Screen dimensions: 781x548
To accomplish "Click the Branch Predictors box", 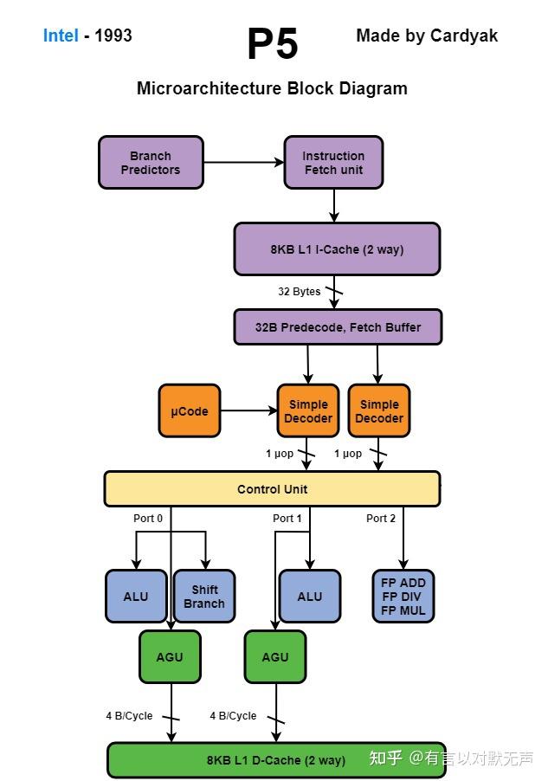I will click(151, 163).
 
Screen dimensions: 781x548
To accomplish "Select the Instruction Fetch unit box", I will click(333, 163).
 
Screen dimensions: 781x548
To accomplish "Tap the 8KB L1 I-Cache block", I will click(337, 249).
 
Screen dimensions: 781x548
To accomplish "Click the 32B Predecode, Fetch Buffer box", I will click(338, 327).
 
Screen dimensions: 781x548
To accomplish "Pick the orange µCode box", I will click(190, 411).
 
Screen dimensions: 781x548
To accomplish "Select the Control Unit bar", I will click(272, 489).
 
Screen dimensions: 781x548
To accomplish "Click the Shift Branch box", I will click(204, 597).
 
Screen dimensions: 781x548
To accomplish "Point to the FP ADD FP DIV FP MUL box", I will click(403, 597).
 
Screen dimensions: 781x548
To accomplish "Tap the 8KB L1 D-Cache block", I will click(275, 760).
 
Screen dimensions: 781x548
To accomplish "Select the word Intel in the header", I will click(61, 35).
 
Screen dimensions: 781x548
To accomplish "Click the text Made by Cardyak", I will click(427, 35).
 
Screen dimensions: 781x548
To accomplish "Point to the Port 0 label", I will click(148, 519).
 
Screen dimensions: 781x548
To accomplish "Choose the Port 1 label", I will click(287, 519).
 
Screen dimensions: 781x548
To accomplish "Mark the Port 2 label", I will click(381, 519).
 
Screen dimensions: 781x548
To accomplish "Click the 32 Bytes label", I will click(300, 292).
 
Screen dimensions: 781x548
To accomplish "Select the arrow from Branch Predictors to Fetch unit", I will click(243, 162).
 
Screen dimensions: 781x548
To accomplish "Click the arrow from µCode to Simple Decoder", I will click(248, 411).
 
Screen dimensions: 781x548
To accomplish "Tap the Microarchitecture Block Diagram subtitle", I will click(272, 88).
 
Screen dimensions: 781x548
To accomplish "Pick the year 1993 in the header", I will click(113, 35).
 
